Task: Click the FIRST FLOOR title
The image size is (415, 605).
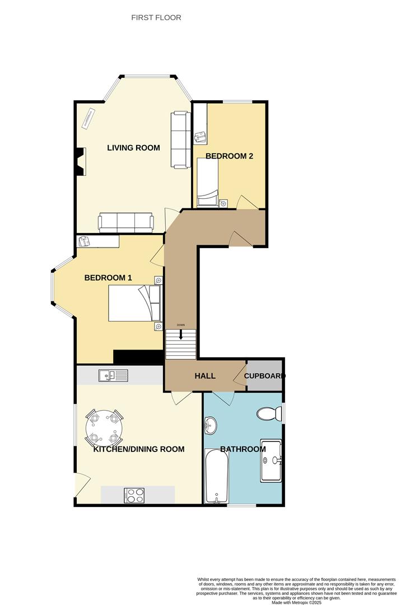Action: click(x=156, y=18)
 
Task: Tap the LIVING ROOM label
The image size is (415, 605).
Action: click(x=133, y=148)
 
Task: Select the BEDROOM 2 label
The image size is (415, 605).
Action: click(x=229, y=156)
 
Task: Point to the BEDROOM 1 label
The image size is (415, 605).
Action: click(x=108, y=278)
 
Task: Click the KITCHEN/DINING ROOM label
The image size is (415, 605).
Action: click(x=139, y=449)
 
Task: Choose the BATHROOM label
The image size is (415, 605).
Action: click(x=243, y=449)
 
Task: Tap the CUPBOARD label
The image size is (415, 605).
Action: click(x=264, y=376)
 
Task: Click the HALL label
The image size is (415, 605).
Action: click(x=205, y=376)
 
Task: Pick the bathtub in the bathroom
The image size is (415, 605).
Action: click(x=216, y=476)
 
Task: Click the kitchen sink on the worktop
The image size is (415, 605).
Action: click(x=113, y=375)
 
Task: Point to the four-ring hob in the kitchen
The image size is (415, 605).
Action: click(x=134, y=495)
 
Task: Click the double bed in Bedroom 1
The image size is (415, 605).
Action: click(x=134, y=303)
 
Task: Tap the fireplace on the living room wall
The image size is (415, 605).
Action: click(x=81, y=161)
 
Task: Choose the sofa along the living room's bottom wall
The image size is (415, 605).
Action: click(x=126, y=222)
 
